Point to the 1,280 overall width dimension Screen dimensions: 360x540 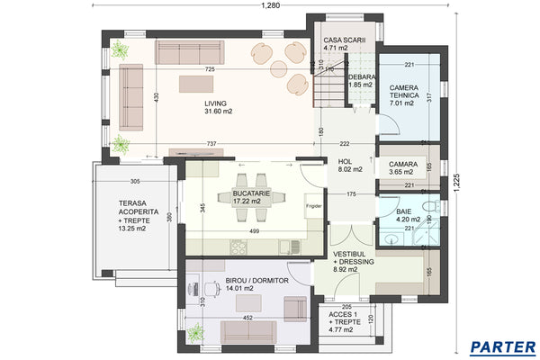(271, 6)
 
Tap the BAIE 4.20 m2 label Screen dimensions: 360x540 (407, 212)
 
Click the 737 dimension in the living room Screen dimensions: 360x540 (210, 144)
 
